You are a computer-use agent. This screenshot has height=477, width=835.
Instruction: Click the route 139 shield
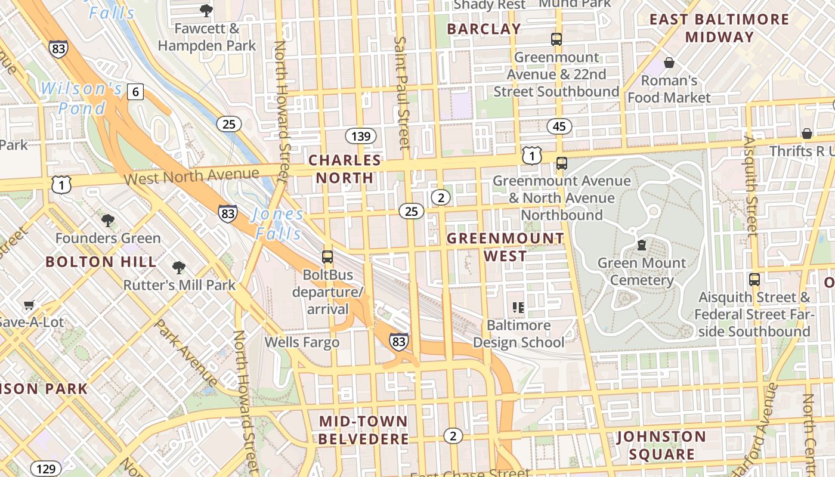click(x=361, y=136)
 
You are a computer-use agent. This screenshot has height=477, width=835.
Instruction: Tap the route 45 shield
click(x=559, y=126)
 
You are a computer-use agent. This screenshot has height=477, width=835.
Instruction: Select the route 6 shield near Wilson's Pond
click(x=135, y=92)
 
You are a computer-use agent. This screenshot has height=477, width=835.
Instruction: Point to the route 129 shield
click(x=45, y=469)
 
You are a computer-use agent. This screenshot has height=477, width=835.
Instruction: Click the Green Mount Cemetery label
click(x=642, y=271)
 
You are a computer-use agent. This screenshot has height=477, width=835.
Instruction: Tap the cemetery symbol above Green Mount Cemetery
click(x=642, y=245)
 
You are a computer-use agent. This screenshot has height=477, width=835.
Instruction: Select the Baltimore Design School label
click(x=518, y=334)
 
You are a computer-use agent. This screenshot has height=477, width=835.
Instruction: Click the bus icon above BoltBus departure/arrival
click(x=327, y=257)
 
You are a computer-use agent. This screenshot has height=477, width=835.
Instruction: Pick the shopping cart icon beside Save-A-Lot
click(x=29, y=305)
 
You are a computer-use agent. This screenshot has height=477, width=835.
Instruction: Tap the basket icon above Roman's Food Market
click(x=669, y=63)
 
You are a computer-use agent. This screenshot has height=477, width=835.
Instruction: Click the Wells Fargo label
click(x=302, y=342)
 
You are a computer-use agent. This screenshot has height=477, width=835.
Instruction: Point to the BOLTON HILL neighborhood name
click(x=101, y=262)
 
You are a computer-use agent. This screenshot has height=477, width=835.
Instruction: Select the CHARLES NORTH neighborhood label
click(x=345, y=169)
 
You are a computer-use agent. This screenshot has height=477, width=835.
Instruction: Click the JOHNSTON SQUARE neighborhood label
click(x=661, y=445)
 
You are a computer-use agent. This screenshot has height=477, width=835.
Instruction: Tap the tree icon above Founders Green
click(x=108, y=221)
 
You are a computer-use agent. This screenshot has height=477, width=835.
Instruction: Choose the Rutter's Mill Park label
click(x=180, y=285)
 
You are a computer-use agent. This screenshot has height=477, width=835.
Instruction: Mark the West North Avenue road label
click(x=191, y=176)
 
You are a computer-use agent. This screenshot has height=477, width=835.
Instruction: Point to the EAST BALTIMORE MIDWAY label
click(x=719, y=28)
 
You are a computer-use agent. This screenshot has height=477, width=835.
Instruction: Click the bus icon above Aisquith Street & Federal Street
click(x=754, y=279)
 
